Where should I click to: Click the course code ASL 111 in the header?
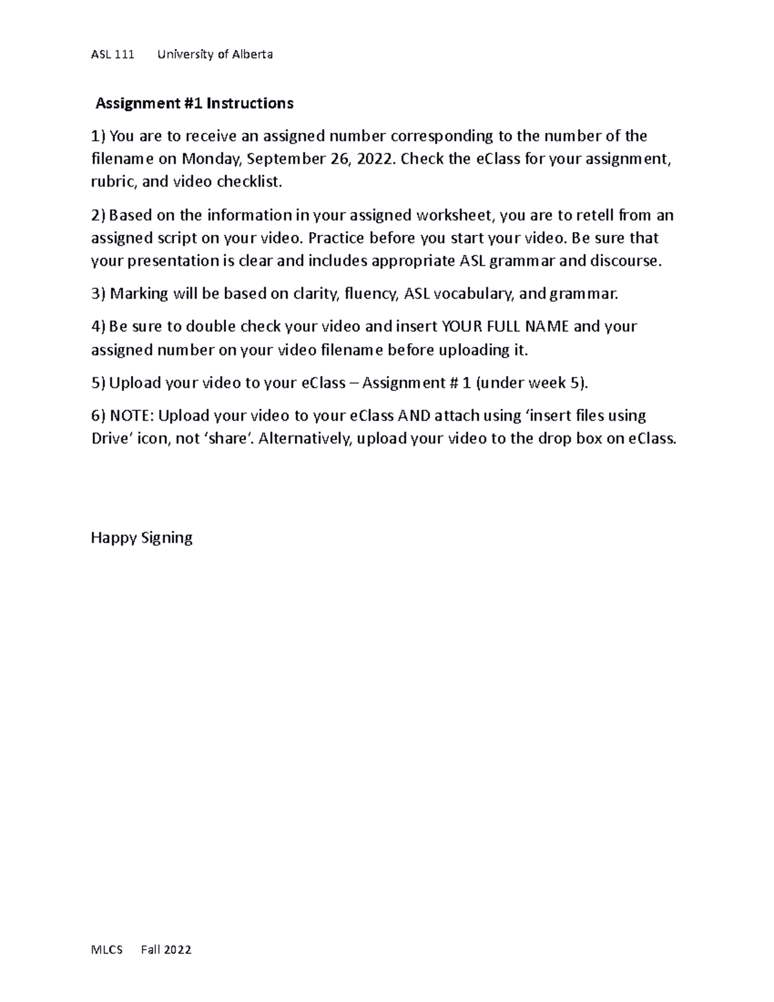(112, 54)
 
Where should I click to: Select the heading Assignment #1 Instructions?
(194, 103)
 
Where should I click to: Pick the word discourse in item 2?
(628, 261)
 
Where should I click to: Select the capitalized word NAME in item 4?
(547, 326)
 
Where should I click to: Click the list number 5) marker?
(97, 383)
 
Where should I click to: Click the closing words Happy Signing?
(142, 537)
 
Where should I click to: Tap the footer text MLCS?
(106, 950)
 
